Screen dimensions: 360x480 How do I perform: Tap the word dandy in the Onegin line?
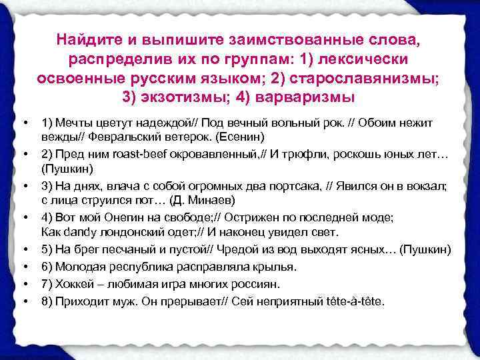click(82, 232)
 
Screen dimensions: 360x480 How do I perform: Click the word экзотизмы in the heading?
click(180, 96)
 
